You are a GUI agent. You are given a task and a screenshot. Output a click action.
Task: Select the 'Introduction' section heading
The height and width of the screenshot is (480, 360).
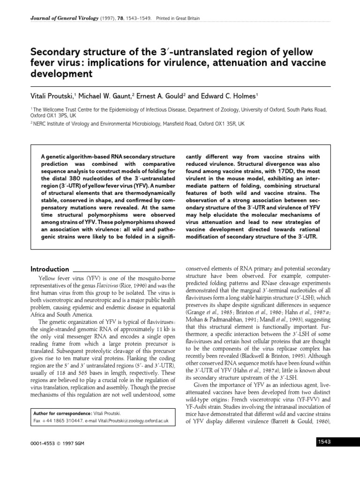pyautogui.click(x=50, y=269)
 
